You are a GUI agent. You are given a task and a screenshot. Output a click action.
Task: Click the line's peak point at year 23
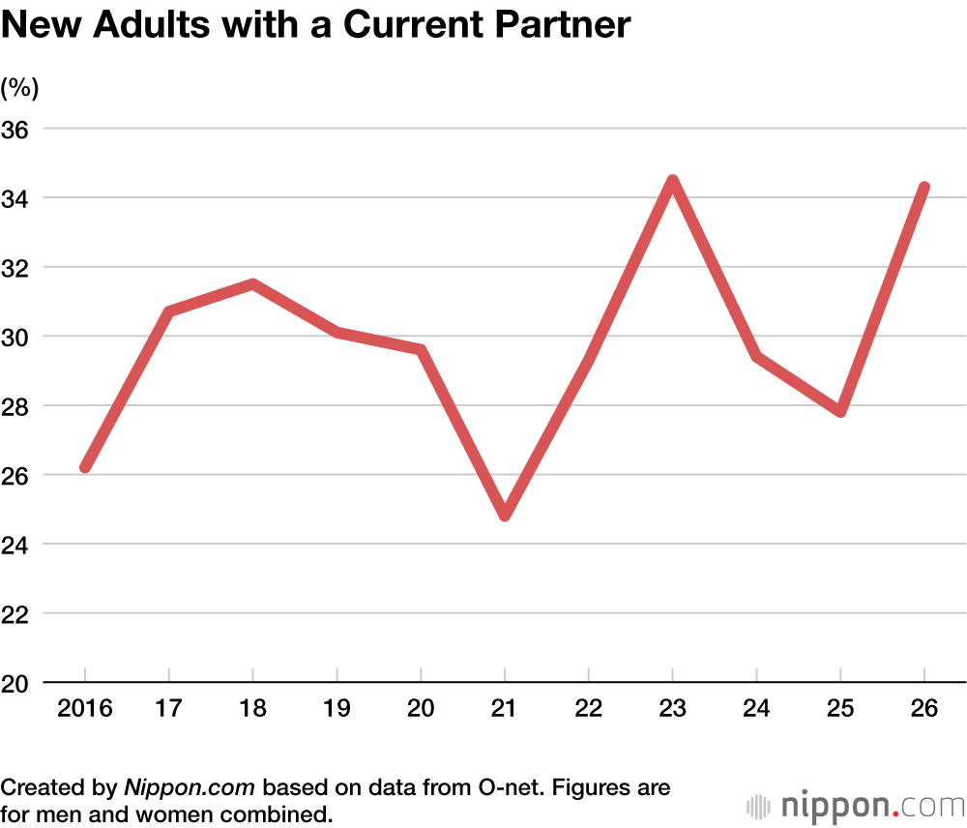pyautogui.click(x=672, y=181)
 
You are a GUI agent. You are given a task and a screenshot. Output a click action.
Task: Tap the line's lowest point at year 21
pyautogui.click(x=505, y=516)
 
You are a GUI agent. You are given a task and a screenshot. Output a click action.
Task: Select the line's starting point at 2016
pyautogui.click(x=85, y=467)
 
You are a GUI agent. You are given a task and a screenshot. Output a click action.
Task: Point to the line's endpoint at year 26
pyautogui.click(x=924, y=188)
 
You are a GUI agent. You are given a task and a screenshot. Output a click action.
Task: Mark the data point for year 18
pyautogui.click(x=252, y=284)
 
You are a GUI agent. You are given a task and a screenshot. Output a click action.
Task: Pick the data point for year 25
pyautogui.click(x=840, y=411)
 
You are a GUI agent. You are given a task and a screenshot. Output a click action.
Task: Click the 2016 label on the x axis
pyautogui.click(x=85, y=709)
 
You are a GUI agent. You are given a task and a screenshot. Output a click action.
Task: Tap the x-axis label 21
pyautogui.click(x=505, y=709)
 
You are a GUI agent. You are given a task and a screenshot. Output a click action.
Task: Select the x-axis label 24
pyautogui.click(x=756, y=709)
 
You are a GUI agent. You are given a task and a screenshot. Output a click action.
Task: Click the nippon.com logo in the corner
pyautogui.click(x=856, y=805)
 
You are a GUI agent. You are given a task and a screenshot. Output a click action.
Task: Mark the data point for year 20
pyautogui.click(x=421, y=349)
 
